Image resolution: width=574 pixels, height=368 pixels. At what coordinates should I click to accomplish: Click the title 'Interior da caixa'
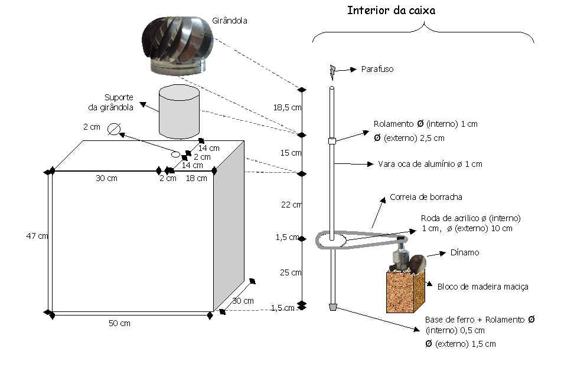(391, 11)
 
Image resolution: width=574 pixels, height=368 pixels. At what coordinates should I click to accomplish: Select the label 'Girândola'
(230, 21)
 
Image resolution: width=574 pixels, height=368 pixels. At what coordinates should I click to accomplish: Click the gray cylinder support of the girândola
(179, 111)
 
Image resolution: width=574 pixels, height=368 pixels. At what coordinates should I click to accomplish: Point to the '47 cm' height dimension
(36, 236)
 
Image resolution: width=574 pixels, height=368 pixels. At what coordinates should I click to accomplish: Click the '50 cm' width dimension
(119, 323)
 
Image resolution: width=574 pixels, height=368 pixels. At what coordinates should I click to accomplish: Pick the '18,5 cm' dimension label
(288, 107)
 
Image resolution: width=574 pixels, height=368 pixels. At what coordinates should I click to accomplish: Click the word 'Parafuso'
(377, 69)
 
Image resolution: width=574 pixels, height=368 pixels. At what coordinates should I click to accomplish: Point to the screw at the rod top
(332, 71)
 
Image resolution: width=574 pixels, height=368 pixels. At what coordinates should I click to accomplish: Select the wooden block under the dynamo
(405, 291)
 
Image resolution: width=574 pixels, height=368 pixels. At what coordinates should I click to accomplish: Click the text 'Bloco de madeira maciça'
(482, 287)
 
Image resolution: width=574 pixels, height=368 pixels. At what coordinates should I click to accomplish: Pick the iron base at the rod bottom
(332, 307)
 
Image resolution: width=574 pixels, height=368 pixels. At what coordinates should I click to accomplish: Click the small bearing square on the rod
(332, 141)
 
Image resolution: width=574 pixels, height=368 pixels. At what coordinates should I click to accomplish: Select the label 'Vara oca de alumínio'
(430, 164)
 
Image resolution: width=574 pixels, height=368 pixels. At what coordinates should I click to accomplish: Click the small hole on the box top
(175, 155)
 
